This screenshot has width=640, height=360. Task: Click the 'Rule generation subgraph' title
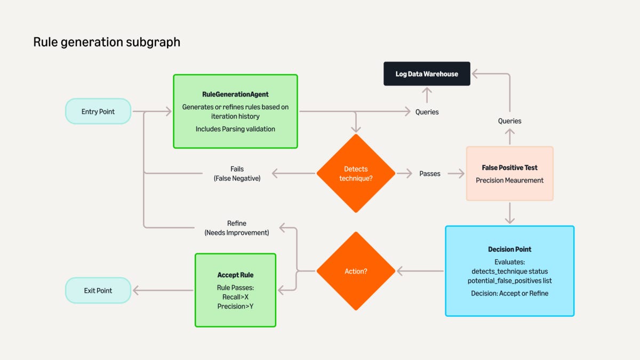[107, 42]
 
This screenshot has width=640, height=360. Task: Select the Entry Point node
[98, 111]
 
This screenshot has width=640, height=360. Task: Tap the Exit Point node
[98, 291]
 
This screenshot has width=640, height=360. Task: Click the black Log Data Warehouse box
[427, 74]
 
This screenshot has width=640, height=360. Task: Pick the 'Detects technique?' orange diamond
[356, 173]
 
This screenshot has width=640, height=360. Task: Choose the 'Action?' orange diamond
[356, 271]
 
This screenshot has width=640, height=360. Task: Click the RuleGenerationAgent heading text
[235, 94]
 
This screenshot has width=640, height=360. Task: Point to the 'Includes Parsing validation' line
[235, 129]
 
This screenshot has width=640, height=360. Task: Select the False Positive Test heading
[509, 167]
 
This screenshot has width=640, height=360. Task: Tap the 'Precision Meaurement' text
[509, 180]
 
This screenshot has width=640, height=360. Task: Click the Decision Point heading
[509, 249]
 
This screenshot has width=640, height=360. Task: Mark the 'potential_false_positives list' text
[509, 280]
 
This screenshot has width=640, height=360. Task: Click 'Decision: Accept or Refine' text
[509, 293]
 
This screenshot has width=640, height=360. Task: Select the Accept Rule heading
[235, 275]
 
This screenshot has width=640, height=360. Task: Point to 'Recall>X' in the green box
[235, 297]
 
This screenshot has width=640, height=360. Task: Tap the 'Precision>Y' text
[235, 306]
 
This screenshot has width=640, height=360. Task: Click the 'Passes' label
[430, 173]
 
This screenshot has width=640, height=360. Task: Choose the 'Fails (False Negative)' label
[237, 174]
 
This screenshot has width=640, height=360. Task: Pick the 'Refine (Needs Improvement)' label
[237, 228]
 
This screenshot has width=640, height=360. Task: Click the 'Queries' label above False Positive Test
[509, 121]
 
